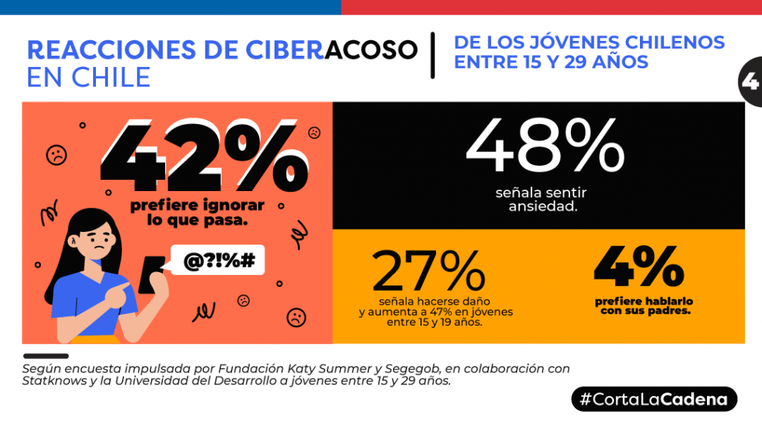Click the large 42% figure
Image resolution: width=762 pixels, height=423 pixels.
click(x=204, y=156)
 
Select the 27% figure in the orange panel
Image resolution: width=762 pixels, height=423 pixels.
click(x=428, y=271)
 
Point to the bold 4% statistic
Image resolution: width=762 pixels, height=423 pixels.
click(x=639, y=266)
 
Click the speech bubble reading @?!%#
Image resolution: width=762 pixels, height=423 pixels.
click(x=218, y=260)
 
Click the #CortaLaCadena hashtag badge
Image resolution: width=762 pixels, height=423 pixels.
click(x=654, y=399)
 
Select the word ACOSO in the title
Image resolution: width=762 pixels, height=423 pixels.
click(x=371, y=50)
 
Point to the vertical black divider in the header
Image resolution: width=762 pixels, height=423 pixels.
click(x=432, y=55)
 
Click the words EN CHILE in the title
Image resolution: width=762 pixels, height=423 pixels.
click(x=89, y=78)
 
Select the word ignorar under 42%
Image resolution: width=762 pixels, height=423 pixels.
click(x=234, y=205)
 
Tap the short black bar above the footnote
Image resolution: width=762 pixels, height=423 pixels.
click(x=45, y=356)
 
